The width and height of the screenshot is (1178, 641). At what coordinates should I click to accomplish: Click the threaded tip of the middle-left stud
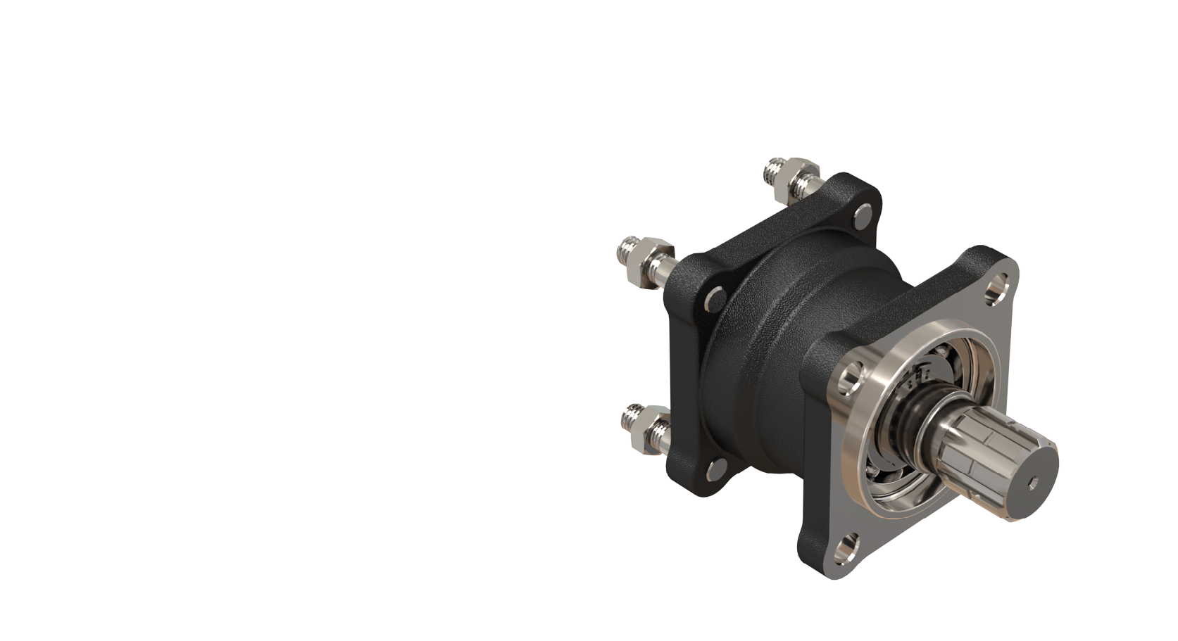(626, 248)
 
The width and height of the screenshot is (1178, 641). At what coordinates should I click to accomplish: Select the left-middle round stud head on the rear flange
(714, 298)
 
